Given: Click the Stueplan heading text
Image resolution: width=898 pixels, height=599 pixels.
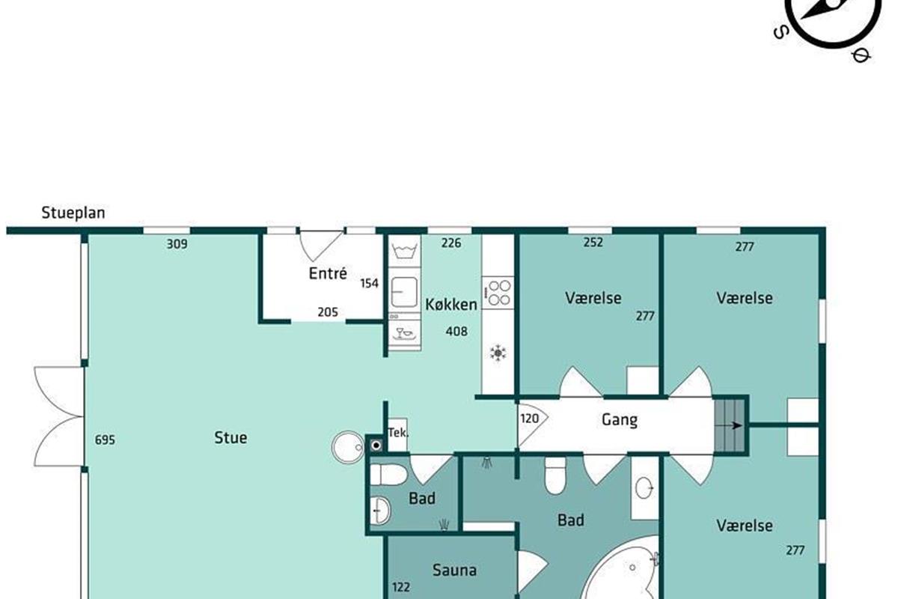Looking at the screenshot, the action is click(73, 213).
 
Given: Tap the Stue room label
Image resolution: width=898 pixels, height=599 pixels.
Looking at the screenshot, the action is click(230, 437).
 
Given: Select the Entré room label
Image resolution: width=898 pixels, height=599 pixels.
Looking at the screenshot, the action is click(328, 273).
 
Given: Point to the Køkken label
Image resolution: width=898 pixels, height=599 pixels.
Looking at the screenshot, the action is click(451, 305).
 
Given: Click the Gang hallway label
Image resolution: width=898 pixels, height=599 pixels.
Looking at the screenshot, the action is click(620, 420).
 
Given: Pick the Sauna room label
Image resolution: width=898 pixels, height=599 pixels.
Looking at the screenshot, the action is click(455, 570).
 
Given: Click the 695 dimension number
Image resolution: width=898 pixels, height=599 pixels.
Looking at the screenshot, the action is click(105, 440).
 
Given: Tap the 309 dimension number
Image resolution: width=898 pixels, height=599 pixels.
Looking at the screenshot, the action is click(177, 243).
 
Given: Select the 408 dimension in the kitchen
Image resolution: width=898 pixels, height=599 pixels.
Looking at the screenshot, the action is click(456, 331).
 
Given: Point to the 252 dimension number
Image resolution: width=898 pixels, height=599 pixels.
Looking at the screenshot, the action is click(593, 242).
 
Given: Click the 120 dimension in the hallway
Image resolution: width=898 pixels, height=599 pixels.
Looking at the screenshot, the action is click(529, 419).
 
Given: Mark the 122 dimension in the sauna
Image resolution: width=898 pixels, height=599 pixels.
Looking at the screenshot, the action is click(401, 587).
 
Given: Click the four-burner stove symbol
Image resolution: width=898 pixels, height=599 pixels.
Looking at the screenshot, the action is click(498, 293).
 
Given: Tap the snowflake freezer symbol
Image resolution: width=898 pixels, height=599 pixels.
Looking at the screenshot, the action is click(498, 353).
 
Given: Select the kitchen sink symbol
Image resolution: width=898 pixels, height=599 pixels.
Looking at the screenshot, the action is click(404, 292).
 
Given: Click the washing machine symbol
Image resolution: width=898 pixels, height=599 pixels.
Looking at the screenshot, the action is click(404, 250).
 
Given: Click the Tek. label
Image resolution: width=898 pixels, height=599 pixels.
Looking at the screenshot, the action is click(398, 433).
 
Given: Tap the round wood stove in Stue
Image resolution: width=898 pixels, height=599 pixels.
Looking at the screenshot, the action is click(348, 447).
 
